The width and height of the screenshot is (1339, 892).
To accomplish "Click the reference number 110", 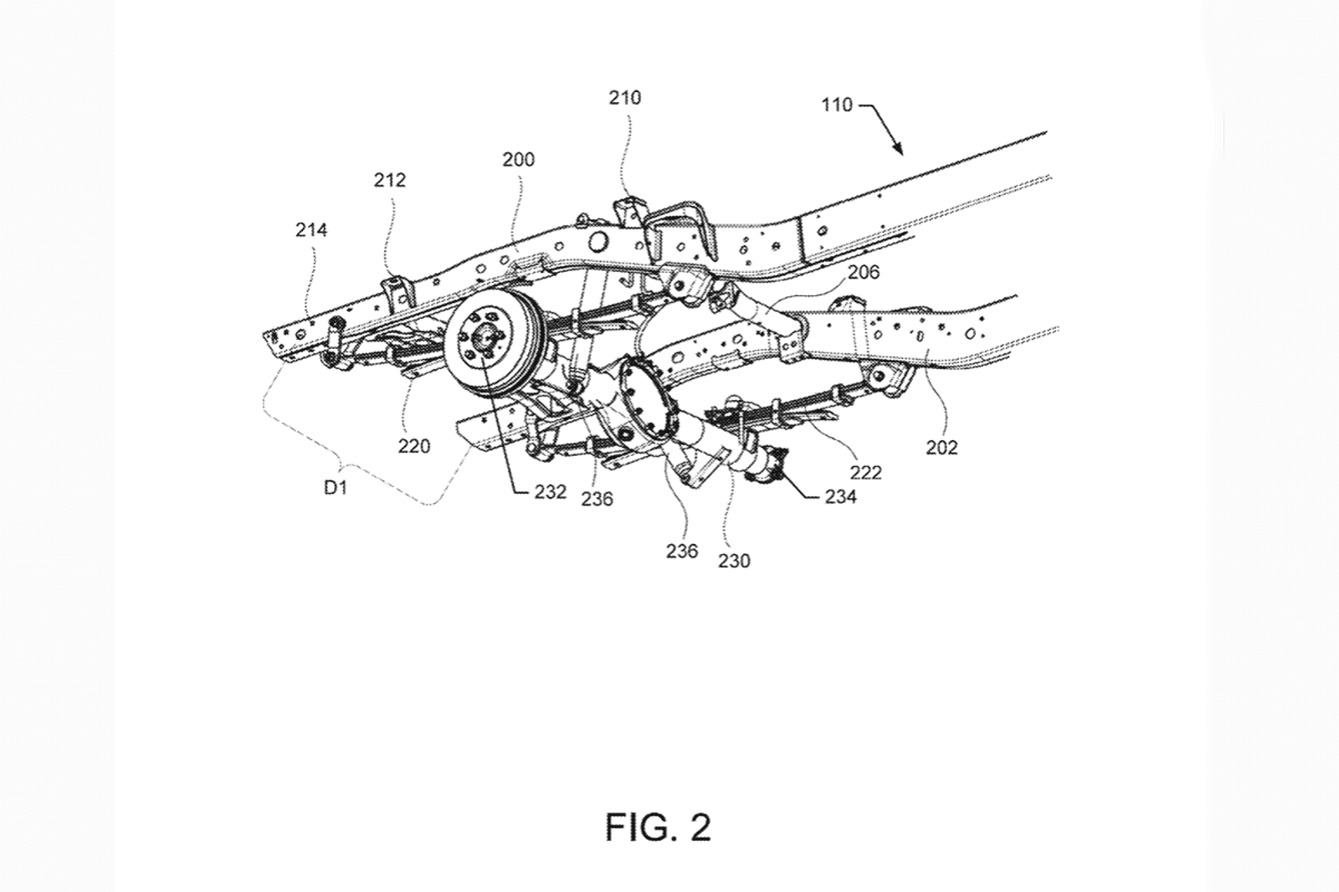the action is click(x=837, y=105).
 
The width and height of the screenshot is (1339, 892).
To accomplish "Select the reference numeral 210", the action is click(x=624, y=97).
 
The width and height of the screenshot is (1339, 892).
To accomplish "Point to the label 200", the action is click(x=518, y=160).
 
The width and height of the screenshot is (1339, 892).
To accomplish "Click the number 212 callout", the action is click(x=390, y=180).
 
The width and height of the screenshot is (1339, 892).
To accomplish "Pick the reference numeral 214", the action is click(x=311, y=229).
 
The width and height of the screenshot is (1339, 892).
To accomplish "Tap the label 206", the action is click(x=864, y=273).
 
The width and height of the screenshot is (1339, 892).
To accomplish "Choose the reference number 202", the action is click(x=941, y=447).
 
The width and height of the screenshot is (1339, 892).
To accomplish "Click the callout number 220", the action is click(x=413, y=446).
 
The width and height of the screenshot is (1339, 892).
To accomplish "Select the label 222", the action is click(x=865, y=473).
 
